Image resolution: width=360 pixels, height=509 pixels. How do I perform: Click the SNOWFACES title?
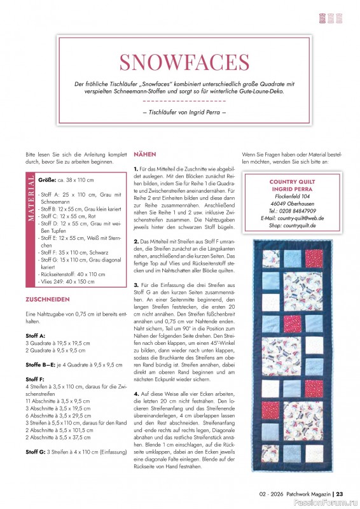[x=184, y=62]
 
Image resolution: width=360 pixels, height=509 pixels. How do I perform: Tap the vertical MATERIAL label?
[x=31, y=201]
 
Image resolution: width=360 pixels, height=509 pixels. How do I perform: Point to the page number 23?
[x=340, y=493]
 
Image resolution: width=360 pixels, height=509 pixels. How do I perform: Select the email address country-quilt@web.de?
[x=292, y=218]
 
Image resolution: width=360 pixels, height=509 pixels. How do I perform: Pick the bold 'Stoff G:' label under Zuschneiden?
[x=36, y=451]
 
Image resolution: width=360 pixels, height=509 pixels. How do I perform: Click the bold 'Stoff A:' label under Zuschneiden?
[x=34, y=335]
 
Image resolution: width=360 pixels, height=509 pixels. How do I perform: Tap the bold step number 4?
[x=137, y=394]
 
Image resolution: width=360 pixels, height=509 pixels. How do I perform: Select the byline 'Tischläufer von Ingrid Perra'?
[x=184, y=113]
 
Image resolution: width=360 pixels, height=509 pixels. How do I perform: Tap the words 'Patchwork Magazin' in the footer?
[x=308, y=493]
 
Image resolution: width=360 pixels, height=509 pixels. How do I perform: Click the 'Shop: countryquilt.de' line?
[x=292, y=225]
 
